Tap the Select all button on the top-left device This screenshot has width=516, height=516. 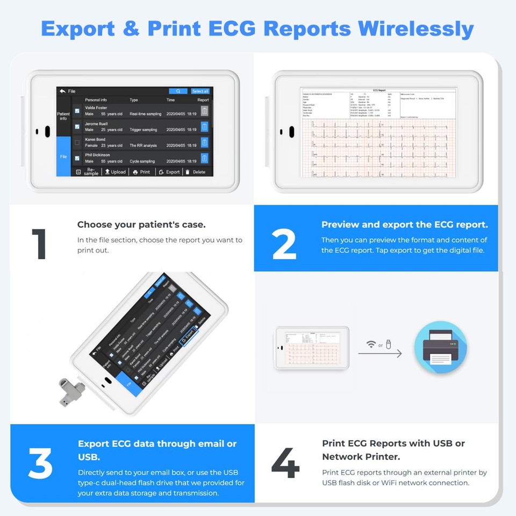(200, 91)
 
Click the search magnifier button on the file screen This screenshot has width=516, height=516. (178, 91)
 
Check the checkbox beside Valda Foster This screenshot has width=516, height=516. (77, 111)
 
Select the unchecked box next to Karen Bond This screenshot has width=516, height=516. (77, 142)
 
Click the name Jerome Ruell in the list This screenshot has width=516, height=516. (96, 124)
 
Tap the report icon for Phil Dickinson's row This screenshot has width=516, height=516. (204, 159)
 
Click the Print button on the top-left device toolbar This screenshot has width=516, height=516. (142, 172)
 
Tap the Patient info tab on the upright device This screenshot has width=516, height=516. (63, 116)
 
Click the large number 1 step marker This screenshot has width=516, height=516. (39, 245)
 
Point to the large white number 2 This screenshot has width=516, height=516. (284, 245)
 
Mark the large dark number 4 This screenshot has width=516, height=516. (285, 463)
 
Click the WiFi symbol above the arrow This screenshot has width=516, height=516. (370, 344)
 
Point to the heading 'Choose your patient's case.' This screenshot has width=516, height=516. (141, 225)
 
